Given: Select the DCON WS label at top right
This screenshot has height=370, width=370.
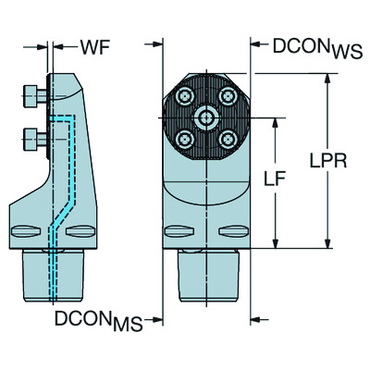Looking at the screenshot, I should click(309, 45).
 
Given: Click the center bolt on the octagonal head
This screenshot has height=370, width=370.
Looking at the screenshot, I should click(205, 117).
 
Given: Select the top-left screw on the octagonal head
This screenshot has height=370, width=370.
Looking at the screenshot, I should click(185, 97).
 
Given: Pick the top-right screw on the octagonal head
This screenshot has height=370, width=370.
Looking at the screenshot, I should click(226, 97).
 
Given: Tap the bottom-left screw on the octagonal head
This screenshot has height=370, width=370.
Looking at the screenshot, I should click(185, 138).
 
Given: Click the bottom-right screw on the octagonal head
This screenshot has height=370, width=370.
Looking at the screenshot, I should click(226, 138).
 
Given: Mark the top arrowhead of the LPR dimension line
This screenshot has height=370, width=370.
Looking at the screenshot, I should click(327, 78).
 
